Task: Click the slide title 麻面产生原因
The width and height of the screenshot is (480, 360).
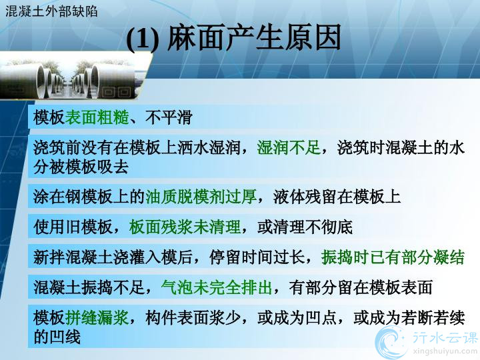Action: [254, 37]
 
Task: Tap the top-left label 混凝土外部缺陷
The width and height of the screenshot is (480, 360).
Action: [51, 11]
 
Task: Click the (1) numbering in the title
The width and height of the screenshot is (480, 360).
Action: [143, 39]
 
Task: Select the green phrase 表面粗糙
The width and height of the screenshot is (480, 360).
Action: [97, 117]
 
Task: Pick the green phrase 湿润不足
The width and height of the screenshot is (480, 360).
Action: [289, 147]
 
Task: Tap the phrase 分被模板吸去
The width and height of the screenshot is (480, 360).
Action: [81, 167]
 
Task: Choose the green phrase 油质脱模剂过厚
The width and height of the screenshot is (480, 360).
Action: [201, 196]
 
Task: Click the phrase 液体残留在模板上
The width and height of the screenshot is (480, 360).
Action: [337, 196]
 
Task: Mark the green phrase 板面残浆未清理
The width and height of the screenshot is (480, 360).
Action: [185, 227]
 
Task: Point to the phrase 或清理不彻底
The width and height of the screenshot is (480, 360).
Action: [305, 227]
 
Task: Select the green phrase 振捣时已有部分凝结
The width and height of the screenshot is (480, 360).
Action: [393, 257]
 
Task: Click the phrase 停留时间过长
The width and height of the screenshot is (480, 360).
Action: [257, 257]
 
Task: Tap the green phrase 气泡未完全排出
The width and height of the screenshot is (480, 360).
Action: [217, 287]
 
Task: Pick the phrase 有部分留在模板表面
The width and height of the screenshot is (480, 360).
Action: [361, 287]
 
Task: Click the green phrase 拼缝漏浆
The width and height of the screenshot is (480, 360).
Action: [97, 317]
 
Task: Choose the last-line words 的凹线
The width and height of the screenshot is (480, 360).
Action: [57, 337]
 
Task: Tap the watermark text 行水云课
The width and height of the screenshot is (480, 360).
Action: [445, 337]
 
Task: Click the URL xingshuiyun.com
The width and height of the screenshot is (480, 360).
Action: [445, 350]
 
